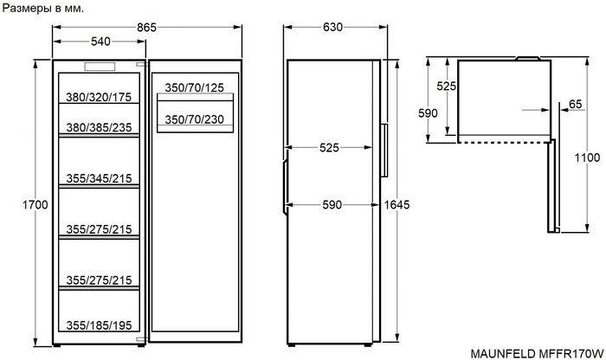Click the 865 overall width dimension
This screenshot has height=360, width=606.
(x=146, y=28)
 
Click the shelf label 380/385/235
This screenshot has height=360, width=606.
(x=99, y=128)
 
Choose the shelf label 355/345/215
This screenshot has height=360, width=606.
(x=99, y=178)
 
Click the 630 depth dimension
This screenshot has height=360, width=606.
(x=332, y=28)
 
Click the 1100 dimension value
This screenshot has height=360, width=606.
(x=586, y=158)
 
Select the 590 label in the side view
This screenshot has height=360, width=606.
(x=332, y=204)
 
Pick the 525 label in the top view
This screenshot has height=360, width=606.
(x=447, y=87)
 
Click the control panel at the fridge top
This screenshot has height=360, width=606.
(x=98, y=67)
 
